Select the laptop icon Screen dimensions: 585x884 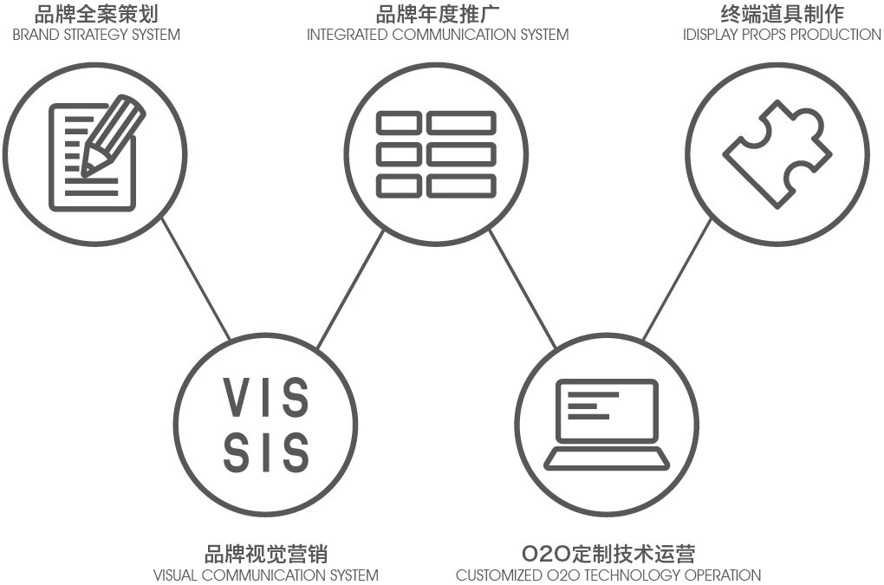click(607, 425)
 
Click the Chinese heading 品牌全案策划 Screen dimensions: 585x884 click(96, 14)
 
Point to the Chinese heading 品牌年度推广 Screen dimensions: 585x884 click(438, 14)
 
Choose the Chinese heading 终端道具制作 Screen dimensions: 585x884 click(782, 14)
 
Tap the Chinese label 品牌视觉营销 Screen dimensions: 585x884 click(266, 554)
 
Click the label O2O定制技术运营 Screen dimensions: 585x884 click(608, 554)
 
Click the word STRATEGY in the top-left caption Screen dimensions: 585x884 click(92, 36)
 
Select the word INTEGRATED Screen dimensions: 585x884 click(348, 36)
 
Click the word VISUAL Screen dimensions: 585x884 click(177, 575)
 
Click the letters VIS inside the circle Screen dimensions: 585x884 click(266, 398)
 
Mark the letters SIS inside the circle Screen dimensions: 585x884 click(266, 452)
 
